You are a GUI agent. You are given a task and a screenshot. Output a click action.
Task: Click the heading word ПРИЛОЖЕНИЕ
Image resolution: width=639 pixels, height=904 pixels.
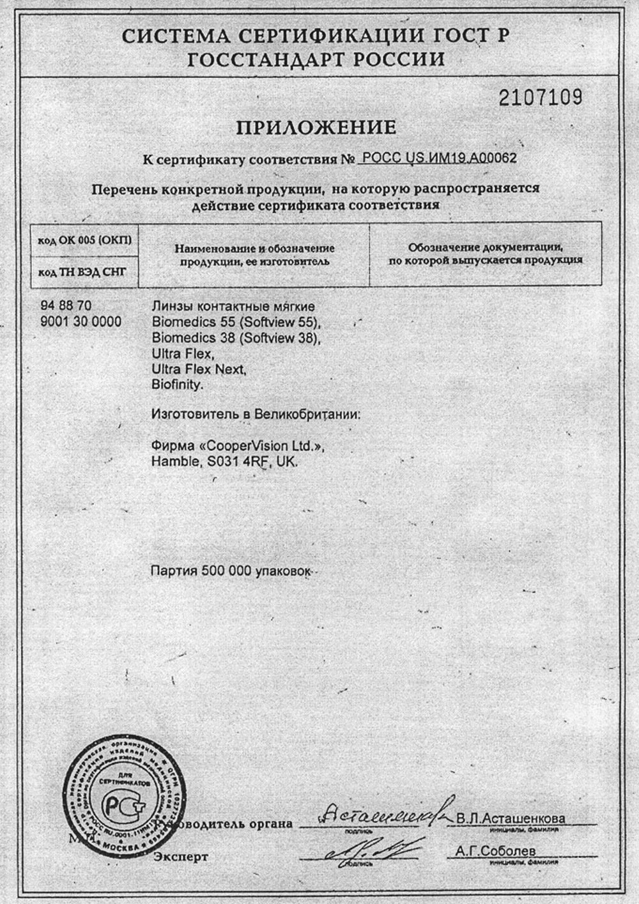[316, 127]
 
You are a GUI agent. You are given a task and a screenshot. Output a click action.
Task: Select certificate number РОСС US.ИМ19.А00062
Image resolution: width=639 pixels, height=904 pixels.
[439, 158]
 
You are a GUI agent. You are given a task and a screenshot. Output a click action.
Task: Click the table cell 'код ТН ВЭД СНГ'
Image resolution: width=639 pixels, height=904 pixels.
[82, 272]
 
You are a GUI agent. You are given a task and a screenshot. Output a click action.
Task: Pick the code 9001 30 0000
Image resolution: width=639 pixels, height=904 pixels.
[81, 321]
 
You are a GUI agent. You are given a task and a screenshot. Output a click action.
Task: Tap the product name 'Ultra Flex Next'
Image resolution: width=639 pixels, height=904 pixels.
[199, 369]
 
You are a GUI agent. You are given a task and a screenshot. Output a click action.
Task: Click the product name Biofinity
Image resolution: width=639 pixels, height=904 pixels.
[177, 385]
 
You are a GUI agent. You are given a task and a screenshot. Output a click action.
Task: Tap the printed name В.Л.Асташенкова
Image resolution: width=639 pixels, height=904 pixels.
[511, 819]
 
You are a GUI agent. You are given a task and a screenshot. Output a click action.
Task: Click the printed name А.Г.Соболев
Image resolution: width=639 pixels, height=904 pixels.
[496, 851]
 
